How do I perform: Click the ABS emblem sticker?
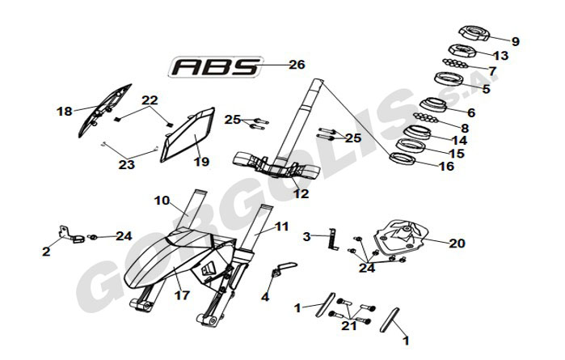pyautogui.click(x=216, y=66)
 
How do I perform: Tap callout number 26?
pyautogui.click(x=297, y=65)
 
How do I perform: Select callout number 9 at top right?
pyautogui.click(x=515, y=41)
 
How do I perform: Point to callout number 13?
pyautogui.click(x=500, y=56)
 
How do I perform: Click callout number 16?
pyautogui.click(x=446, y=167)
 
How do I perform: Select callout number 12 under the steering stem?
pyautogui.click(x=301, y=193)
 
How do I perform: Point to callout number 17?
pyautogui.click(x=182, y=296)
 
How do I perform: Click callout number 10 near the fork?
pyautogui.click(x=162, y=200)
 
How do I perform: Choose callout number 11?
pyautogui.click(x=280, y=227)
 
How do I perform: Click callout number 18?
pyautogui.click(x=65, y=111)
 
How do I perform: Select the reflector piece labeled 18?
pyautogui.click(x=104, y=107)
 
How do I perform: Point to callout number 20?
pyautogui.click(x=457, y=242)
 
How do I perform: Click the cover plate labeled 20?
pyautogui.click(x=401, y=238)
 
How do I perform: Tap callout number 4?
pyautogui.click(x=264, y=297)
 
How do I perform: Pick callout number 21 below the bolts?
pyautogui.click(x=349, y=326)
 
